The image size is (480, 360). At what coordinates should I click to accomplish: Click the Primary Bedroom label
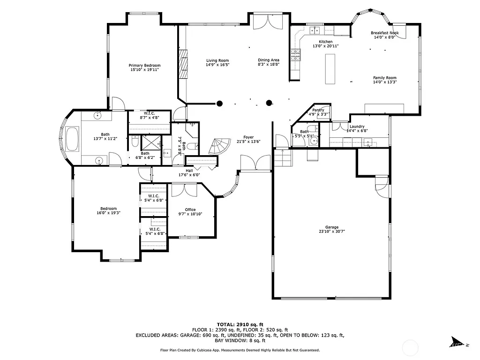(145, 65)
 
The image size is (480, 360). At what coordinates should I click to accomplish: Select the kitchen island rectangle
(330, 68)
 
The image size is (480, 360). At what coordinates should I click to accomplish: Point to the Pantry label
(318, 110)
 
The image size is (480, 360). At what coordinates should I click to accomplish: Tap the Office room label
(190, 210)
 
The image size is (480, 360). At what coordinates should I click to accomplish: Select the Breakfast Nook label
(384, 33)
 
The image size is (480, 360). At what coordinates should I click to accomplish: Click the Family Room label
(384, 78)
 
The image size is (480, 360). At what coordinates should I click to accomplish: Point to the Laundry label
(357, 127)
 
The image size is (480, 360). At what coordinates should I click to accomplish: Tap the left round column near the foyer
(219, 104)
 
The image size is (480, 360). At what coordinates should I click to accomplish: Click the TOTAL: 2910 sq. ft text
(240, 324)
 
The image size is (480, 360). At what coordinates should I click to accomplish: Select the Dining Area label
(269, 60)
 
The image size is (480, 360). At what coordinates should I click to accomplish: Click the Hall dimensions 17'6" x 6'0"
(189, 175)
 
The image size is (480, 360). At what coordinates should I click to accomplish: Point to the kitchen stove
(295, 55)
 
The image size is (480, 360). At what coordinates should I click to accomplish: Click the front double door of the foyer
(255, 164)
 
